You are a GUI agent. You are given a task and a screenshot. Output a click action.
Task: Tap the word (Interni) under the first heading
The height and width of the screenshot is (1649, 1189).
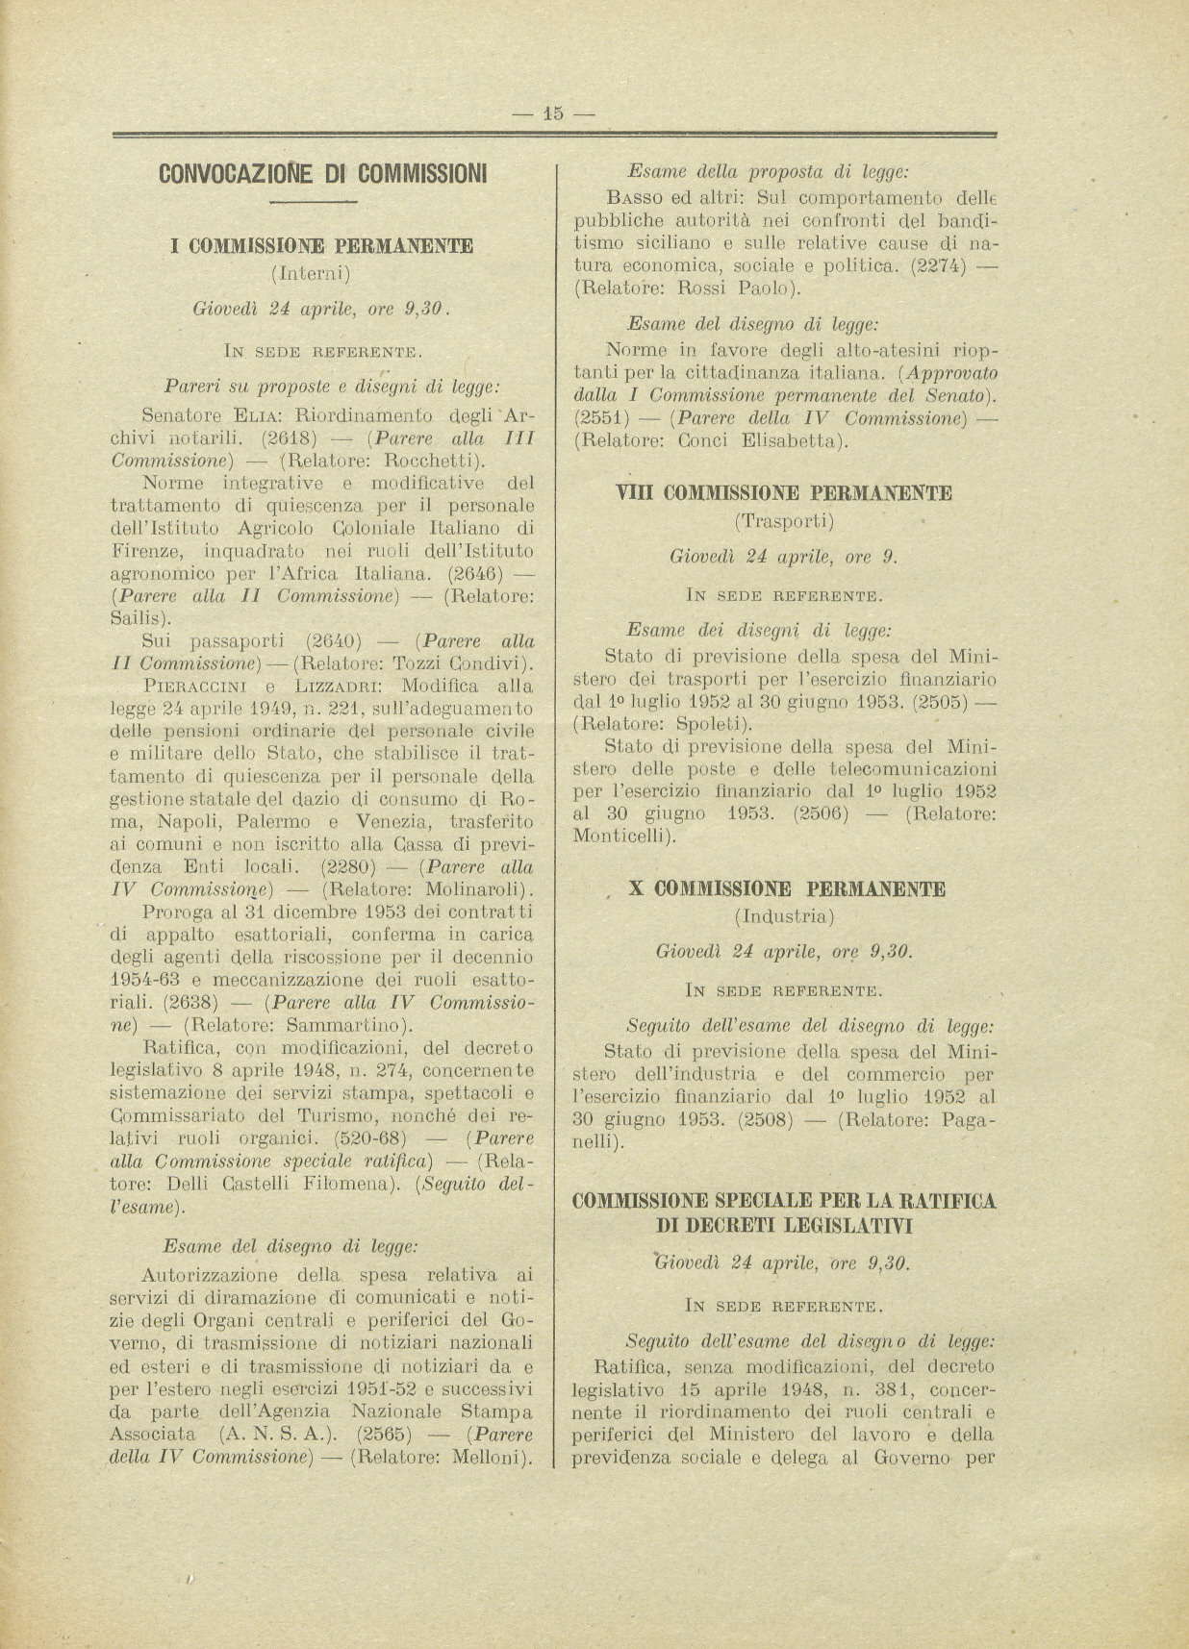point(313,273)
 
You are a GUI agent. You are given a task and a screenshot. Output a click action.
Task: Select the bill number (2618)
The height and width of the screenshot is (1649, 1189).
point(289,438)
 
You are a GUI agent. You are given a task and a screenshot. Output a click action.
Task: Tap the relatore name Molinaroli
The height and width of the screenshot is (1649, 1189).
point(475,887)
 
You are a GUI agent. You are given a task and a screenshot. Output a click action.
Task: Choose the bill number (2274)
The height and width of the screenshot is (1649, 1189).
point(937,264)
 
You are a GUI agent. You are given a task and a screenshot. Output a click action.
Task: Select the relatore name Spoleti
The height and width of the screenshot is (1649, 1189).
point(708,724)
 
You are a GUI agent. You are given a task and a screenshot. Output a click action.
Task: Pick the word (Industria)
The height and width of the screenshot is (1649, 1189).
point(784,916)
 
